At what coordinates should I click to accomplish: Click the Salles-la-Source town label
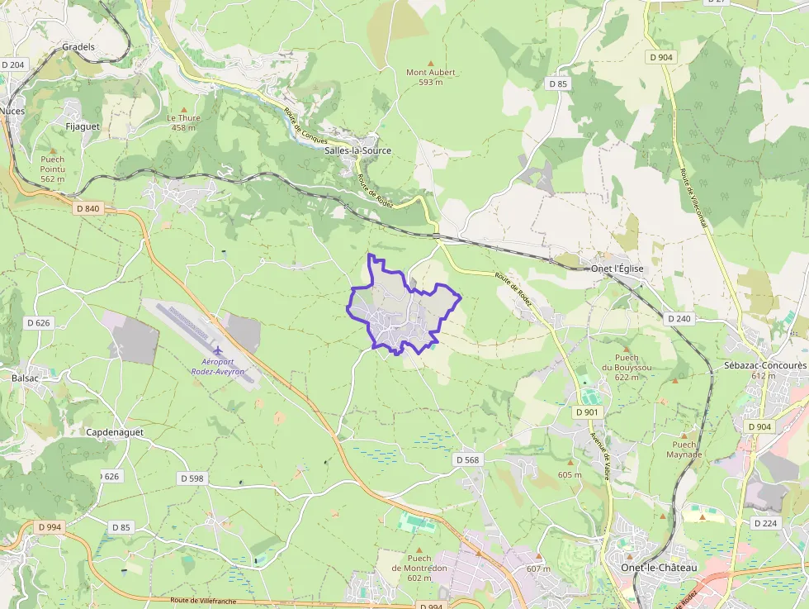[358, 151]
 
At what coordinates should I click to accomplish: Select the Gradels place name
[78, 47]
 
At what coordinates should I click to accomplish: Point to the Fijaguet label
[82, 126]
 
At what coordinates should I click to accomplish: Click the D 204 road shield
[13, 64]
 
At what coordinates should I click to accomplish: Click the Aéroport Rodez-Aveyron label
[218, 367]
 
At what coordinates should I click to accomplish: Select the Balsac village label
[26, 377]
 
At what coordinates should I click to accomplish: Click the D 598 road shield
[191, 478]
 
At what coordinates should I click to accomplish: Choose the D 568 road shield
[466, 459]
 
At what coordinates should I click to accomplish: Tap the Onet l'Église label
[617, 269]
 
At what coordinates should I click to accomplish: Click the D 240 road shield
[679, 318]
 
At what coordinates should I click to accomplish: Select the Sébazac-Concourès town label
[764, 365]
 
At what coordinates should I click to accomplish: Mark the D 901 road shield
[587, 412]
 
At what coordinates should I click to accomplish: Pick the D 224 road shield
[765, 523]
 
